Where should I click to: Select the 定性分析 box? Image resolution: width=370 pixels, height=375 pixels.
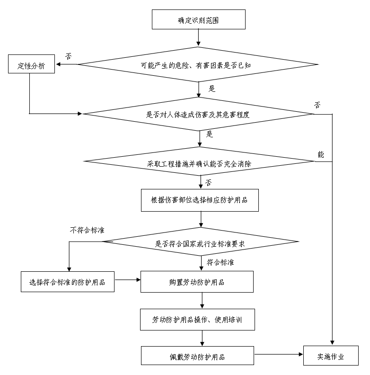point(32,65)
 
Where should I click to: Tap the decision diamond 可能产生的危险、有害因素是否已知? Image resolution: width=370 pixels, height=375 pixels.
point(198,65)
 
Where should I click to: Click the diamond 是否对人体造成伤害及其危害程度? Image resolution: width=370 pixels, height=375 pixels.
point(198,114)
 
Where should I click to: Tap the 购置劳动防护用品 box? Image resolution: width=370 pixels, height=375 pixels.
point(197,282)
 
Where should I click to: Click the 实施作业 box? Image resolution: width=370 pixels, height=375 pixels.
point(331,357)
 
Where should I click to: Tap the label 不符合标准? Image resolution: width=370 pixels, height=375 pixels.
point(87,231)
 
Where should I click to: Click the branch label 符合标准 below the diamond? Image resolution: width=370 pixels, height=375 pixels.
point(220,262)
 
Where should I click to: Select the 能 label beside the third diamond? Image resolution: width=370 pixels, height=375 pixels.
point(321,154)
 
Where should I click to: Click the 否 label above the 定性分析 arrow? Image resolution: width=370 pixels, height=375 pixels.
point(69,56)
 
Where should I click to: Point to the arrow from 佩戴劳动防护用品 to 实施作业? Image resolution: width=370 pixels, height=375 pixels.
point(279,354)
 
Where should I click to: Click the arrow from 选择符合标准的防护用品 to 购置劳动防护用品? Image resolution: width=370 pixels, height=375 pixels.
point(128,279)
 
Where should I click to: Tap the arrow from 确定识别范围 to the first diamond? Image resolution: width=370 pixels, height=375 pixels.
point(198,38)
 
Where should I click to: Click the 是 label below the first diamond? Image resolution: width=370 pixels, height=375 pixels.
point(211,89)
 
